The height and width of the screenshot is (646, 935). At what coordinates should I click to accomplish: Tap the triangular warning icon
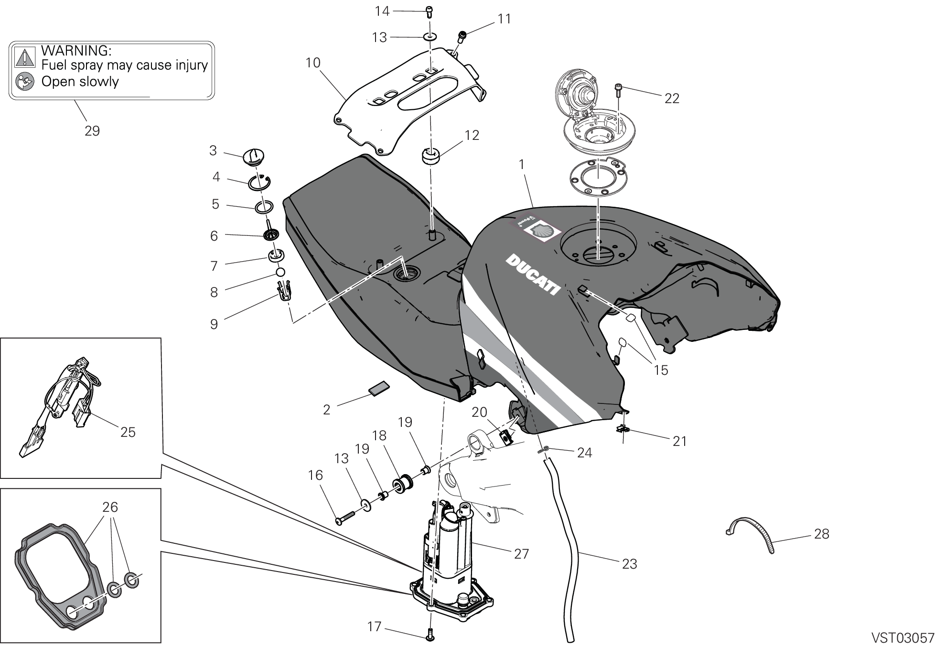(25, 56)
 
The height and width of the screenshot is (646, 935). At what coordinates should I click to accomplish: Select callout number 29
(92, 130)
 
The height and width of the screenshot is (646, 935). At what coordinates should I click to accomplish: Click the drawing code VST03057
(903, 638)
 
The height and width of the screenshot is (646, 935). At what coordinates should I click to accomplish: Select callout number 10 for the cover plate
(313, 63)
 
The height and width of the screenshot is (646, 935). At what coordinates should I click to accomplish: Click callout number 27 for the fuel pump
(521, 553)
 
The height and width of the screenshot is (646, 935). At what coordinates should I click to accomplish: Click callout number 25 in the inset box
(128, 432)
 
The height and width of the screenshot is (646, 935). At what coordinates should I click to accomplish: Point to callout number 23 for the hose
(629, 564)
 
